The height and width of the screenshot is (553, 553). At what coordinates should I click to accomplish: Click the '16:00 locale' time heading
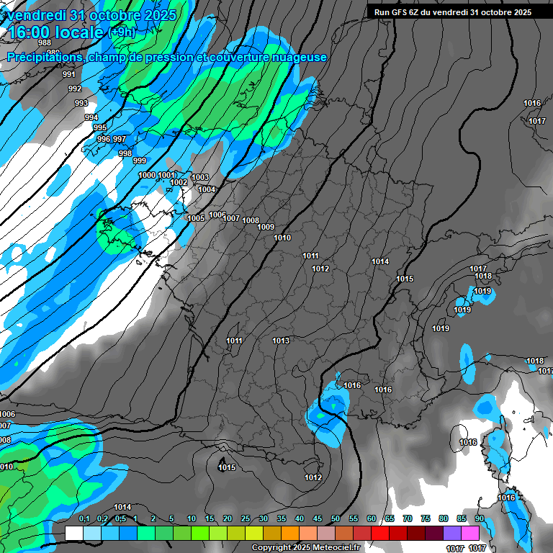(x=57, y=32)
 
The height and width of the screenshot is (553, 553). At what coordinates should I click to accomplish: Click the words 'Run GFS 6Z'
(x=397, y=12)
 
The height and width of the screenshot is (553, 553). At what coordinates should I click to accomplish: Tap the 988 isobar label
(x=45, y=42)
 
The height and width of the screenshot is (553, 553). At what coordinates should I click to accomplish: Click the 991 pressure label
(x=69, y=74)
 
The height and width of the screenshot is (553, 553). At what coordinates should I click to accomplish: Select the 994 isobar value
(x=91, y=117)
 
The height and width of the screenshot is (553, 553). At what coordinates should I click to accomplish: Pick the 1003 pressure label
(x=200, y=177)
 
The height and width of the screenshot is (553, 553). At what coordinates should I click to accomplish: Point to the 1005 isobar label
(x=196, y=218)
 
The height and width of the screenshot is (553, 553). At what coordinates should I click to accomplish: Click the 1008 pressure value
(x=251, y=220)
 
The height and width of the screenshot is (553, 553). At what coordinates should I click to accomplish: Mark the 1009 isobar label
(x=266, y=228)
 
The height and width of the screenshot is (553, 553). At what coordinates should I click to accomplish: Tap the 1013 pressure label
(x=281, y=341)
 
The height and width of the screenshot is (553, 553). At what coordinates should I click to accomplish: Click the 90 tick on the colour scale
(x=480, y=519)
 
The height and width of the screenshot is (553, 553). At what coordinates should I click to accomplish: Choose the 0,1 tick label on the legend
(x=84, y=519)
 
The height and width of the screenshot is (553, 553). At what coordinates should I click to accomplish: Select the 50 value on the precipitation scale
(x=336, y=519)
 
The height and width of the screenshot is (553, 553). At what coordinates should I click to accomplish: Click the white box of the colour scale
(x=73, y=533)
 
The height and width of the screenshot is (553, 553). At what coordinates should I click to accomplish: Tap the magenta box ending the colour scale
(x=470, y=533)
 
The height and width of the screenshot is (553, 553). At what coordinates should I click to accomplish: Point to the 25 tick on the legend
(x=246, y=519)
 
